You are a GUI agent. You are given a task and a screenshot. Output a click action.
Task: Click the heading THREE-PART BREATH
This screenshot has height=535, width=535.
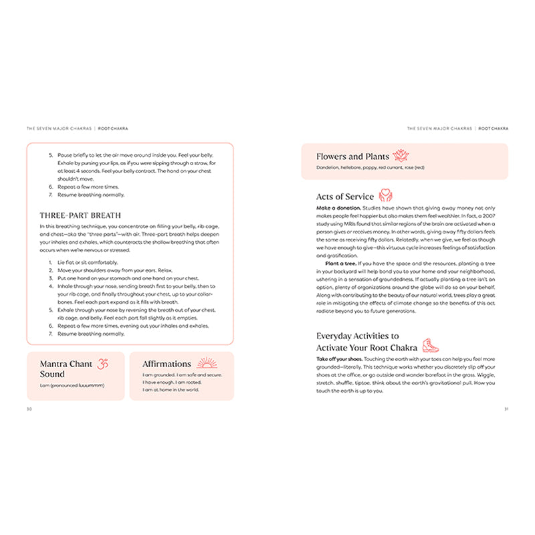click(x=80, y=215)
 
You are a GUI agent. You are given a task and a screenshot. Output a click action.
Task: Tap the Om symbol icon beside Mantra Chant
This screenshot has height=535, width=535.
click(x=102, y=364)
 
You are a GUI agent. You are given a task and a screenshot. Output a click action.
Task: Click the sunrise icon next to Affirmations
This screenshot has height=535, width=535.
click(x=207, y=363)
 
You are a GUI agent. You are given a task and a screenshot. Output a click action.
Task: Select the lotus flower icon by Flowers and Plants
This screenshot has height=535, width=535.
click(x=401, y=156)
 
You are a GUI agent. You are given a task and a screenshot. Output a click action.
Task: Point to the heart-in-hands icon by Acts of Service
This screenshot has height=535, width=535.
click(x=386, y=195)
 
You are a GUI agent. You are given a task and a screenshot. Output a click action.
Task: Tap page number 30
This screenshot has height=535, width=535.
click(x=29, y=409)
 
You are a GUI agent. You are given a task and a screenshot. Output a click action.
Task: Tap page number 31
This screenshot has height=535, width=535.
click(x=506, y=409)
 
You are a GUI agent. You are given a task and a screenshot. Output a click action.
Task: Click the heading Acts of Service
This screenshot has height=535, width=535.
click(x=344, y=197)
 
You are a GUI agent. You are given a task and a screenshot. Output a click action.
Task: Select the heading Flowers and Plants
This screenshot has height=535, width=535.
click(x=352, y=157)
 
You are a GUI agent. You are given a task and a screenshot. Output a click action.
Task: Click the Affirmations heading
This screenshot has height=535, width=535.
click(x=167, y=364)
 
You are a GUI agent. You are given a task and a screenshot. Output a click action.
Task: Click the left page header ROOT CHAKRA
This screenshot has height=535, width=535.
click(x=114, y=128)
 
